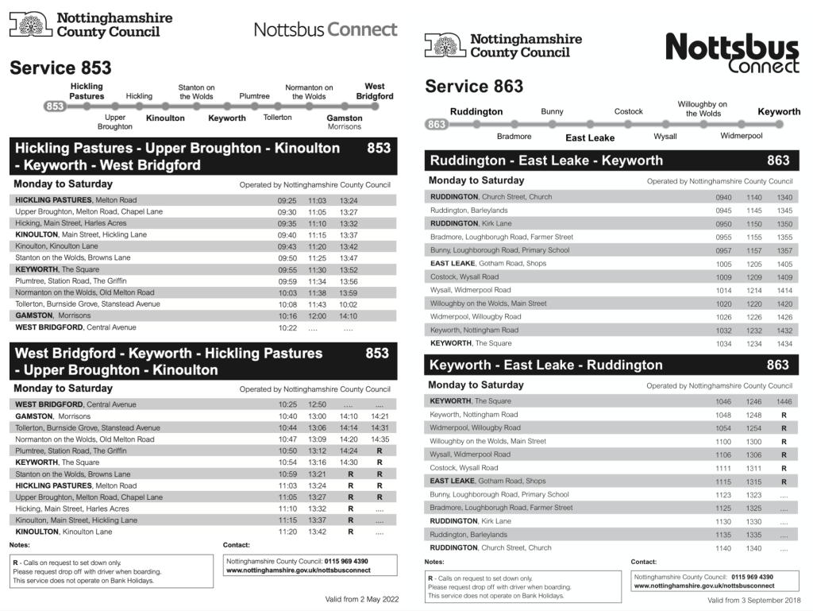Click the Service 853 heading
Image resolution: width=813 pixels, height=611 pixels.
(60, 68)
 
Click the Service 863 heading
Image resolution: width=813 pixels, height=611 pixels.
(475, 86)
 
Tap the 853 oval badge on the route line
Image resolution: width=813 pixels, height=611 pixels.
(55, 106)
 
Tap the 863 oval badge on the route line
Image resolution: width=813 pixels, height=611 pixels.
(437, 124)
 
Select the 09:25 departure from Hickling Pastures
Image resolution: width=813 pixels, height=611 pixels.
(287, 200)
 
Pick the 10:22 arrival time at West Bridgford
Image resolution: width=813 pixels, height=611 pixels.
(287, 327)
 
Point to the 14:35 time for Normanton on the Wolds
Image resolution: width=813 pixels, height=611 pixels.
(380, 439)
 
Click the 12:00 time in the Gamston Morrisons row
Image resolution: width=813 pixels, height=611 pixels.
(317, 315)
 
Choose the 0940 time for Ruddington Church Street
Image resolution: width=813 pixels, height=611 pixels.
(723, 197)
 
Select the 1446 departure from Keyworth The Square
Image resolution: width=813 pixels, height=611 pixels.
(784, 402)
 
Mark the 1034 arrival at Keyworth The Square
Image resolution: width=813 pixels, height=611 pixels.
(723, 344)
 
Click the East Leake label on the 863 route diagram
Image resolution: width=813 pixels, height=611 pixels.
(590, 138)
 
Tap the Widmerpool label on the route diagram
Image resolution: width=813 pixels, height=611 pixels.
(741, 136)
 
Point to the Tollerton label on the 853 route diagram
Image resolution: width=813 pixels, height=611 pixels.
(277, 117)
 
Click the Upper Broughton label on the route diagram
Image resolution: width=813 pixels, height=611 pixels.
(115, 122)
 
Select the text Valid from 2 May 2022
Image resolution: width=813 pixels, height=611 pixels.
(361, 599)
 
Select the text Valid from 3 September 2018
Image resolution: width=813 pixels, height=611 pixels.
(753, 601)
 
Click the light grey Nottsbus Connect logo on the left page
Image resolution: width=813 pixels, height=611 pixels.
(326, 30)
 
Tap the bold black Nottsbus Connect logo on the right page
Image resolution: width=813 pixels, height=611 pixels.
(732, 54)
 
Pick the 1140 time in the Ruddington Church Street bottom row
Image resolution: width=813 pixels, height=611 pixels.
(723, 548)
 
